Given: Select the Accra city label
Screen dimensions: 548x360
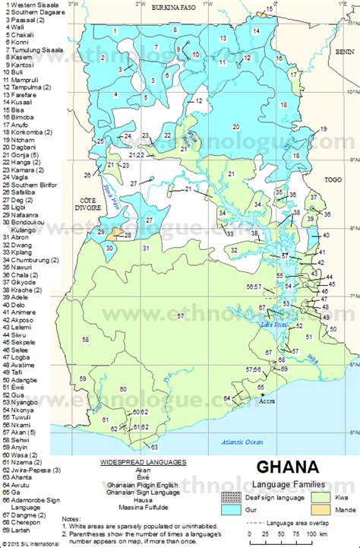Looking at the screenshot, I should point(266,401).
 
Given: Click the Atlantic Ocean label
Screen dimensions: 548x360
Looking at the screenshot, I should point(242,442).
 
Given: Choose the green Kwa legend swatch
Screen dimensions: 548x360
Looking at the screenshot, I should point(318,496).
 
